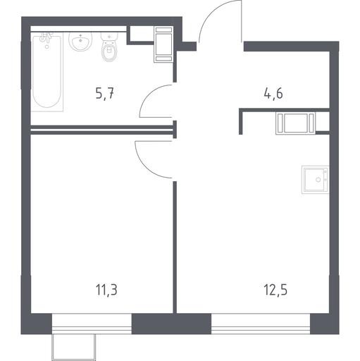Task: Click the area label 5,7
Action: (105, 94)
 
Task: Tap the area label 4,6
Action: (273, 94)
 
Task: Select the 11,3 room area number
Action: (106, 290)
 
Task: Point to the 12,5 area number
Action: (275, 290)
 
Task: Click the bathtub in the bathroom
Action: (47, 72)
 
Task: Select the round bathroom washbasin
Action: (80, 42)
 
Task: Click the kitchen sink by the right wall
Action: (315, 180)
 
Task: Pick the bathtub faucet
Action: (46, 37)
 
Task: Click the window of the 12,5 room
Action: (261, 324)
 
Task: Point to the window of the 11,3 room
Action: (92, 324)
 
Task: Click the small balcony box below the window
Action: (74, 347)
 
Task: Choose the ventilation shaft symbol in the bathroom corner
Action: (163, 44)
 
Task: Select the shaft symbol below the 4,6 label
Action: (296, 123)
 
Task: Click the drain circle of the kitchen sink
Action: (318, 180)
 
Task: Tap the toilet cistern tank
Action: (109, 37)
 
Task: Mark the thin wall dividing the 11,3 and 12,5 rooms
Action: (175, 247)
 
